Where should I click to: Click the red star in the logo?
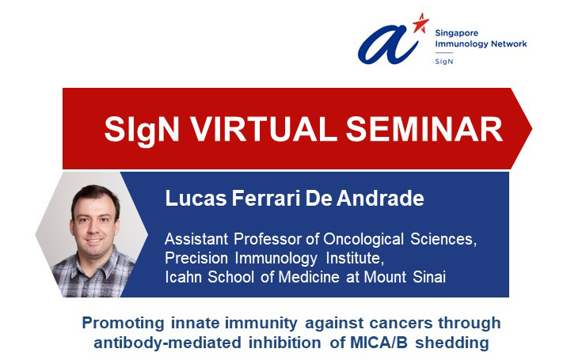tap(420, 23)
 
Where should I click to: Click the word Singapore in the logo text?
tap(456, 33)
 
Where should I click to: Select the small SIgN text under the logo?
tap(444, 62)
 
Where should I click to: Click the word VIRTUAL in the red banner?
tap(264, 129)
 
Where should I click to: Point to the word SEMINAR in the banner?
tap(424, 129)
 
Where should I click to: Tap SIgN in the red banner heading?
tap(142, 130)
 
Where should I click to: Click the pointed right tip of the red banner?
tap(532, 128)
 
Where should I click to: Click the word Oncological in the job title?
tap(363, 239)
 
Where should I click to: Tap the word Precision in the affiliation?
tap(196, 258)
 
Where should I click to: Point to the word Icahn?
tap(183, 277)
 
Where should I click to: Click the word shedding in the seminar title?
tap(452, 343)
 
